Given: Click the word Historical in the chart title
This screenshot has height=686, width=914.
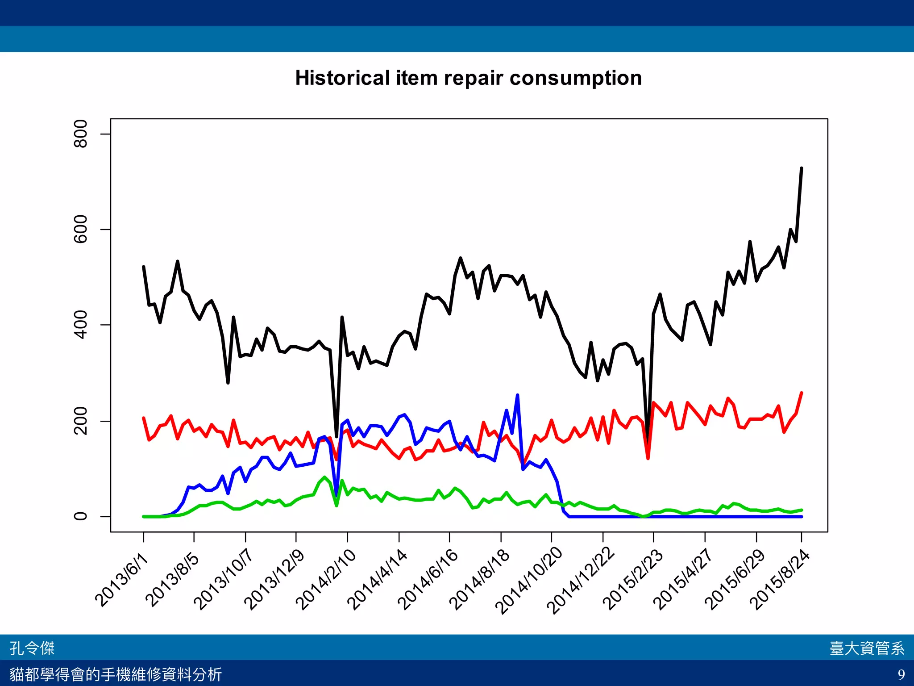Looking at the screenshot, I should click(342, 79).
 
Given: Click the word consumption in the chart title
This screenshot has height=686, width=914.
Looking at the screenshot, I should click(575, 79).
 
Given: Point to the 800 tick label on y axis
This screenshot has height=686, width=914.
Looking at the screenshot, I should click(81, 134).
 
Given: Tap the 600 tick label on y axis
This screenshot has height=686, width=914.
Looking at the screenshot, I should click(81, 229).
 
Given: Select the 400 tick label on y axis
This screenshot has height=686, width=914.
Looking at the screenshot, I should click(81, 325).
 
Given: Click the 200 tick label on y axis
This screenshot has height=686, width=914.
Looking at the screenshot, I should click(81, 421).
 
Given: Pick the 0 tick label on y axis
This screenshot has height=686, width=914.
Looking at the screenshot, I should click(81, 516).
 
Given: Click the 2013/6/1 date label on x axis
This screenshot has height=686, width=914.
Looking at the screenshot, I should click(121, 580).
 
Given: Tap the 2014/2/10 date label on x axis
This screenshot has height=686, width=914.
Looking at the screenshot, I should click(326, 580).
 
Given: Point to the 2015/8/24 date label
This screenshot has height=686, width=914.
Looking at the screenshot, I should click(780, 580).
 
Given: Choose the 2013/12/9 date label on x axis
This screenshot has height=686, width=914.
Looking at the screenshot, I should click(274, 580).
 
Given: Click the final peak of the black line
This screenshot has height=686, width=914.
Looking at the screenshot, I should click(802, 168).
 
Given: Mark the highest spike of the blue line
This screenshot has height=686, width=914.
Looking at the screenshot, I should click(517, 395).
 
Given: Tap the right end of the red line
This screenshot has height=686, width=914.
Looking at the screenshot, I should click(802, 393).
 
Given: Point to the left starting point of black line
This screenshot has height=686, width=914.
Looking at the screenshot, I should click(143, 267).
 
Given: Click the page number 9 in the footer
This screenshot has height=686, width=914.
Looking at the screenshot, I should click(901, 674).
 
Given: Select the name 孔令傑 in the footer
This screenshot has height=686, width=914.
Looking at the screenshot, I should click(32, 648).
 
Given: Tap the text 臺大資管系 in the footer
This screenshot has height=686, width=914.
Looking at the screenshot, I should click(867, 648).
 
